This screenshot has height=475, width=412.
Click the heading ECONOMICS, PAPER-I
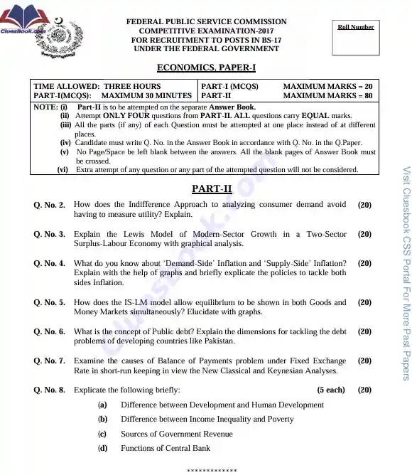[206, 68]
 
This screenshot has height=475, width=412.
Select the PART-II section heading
[212, 188]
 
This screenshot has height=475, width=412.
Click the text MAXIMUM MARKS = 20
[327, 86]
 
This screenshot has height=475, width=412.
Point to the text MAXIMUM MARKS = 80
[327, 95]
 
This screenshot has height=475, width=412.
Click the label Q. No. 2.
[49, 205]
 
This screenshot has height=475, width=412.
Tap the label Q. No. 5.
[49, 303]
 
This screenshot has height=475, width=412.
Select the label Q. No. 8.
[49, 390]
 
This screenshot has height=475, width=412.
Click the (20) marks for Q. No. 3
[364, 234]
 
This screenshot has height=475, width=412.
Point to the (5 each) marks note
[331, 390]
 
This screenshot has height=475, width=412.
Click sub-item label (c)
[102, 434]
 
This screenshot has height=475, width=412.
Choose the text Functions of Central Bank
[166, 448]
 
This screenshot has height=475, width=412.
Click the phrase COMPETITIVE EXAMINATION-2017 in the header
[206, 31]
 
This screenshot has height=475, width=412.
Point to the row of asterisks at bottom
[212, 471]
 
